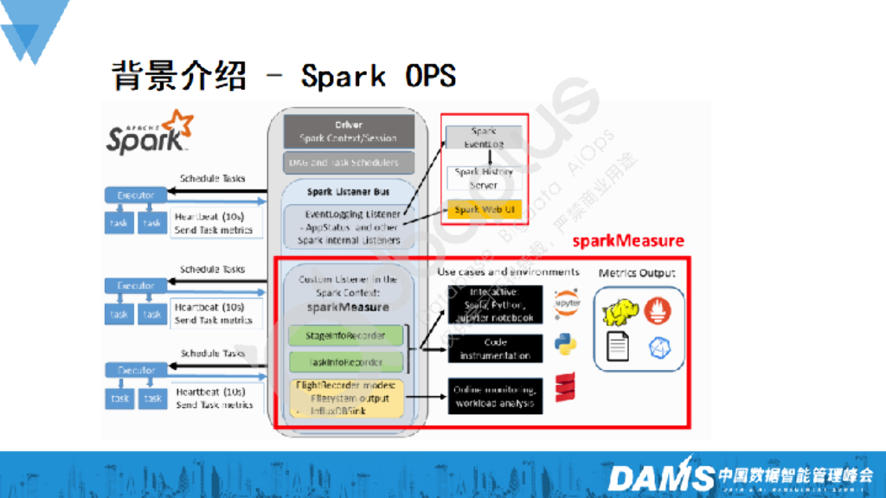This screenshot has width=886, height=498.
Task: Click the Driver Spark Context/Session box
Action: [348, 131]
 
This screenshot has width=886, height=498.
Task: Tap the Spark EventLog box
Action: [484, 137]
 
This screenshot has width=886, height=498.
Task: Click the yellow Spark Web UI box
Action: [484, 209]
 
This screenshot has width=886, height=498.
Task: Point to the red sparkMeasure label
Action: [628, 240]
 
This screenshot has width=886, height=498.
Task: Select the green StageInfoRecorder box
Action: [346, 335]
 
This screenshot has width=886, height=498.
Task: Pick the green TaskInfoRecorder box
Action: [346, 362]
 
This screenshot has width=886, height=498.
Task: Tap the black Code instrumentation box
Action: [495, 348]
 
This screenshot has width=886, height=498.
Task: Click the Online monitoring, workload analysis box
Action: [495, 395]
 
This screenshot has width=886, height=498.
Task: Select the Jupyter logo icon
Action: [567, 303]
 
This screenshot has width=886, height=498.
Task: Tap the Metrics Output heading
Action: [637, 273]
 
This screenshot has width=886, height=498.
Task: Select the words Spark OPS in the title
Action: [378, 76]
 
